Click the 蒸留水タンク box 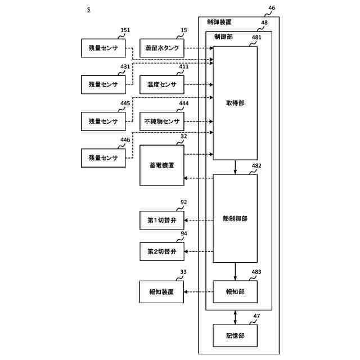coord(162,48)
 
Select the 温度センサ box coord(162,84)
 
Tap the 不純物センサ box coord(162,121)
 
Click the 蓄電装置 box coord(162,165)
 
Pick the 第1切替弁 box coord(162,220)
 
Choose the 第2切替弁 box coord(162,251)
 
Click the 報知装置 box coord(161,292)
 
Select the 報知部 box coord(235,292)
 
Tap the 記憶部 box coord(235,336)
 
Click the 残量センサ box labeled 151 coord(103,48)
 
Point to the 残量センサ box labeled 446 coord(103,158)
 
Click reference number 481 coord(256,38)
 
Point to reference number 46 coord(272,8)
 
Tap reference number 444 coord(184,103)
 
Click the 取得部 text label coord(235,103)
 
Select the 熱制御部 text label coord(235,218)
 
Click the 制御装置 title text coord(219,22)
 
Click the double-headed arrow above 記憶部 coord(235,317)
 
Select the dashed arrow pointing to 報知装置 coord(199,292)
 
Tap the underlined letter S coord(89,10)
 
